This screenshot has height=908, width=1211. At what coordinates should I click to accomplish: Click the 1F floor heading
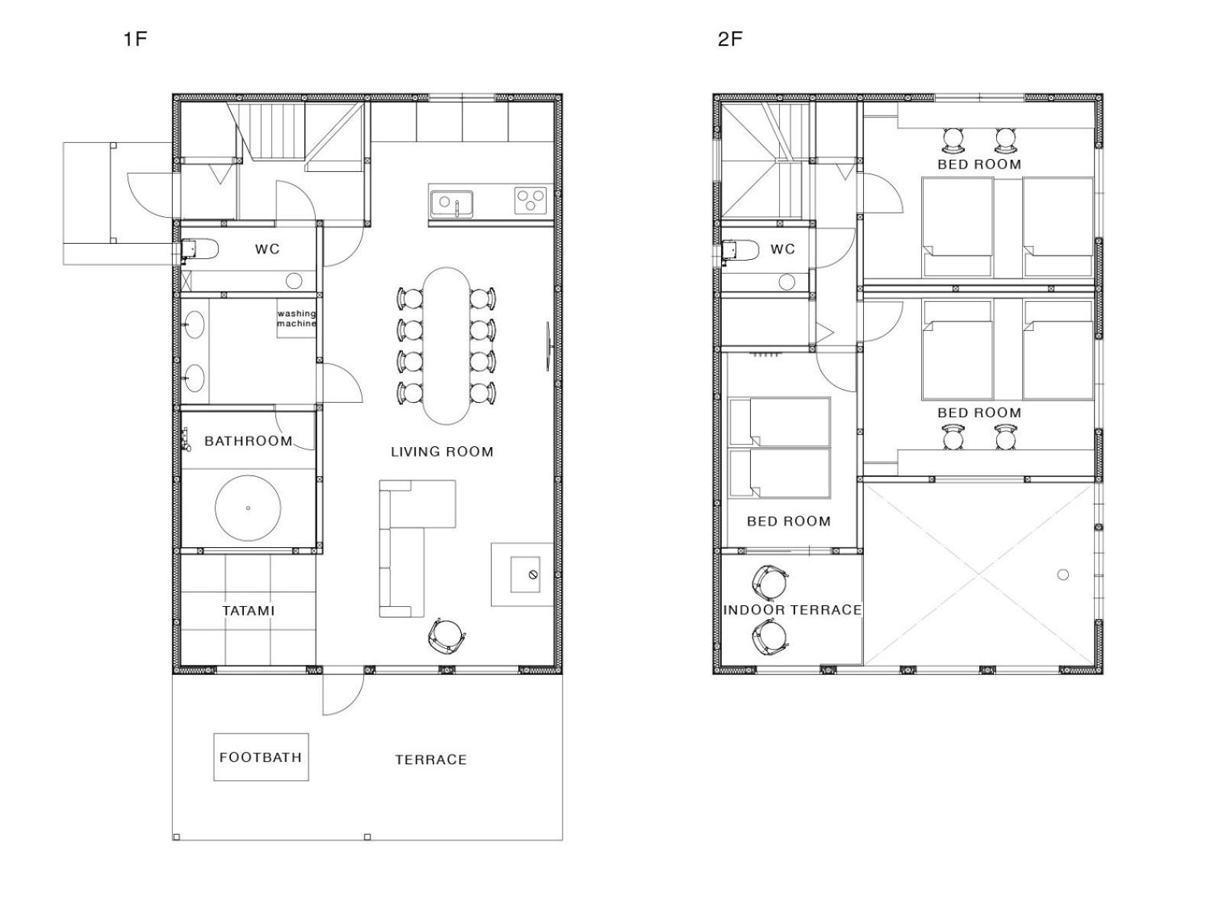coord(135,39)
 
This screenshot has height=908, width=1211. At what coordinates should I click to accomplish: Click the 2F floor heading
coord(730,39)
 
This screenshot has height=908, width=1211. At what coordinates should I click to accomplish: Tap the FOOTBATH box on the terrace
coord(261,757)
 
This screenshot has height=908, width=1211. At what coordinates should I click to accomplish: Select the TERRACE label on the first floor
coord(431,760)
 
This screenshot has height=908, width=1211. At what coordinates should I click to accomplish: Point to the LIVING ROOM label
coord(442,452)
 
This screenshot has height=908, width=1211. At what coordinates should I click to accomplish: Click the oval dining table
coord(446,345)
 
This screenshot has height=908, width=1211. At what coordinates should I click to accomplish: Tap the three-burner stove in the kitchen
coord(530,200)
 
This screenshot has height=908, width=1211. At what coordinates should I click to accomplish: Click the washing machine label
coord(297,319)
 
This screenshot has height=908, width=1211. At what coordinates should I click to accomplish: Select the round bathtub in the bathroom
coord(248,508)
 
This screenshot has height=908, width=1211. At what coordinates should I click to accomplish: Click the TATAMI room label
coord(248,611)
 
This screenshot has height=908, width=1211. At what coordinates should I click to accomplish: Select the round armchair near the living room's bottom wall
coord(447,637)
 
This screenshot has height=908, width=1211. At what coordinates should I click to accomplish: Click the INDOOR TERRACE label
coord(792,610)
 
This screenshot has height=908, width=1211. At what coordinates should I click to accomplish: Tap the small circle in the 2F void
coord(1063,575)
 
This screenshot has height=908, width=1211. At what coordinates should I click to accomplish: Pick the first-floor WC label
coord(268,249)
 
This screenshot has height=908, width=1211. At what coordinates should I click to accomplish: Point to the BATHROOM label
coord(248,441)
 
